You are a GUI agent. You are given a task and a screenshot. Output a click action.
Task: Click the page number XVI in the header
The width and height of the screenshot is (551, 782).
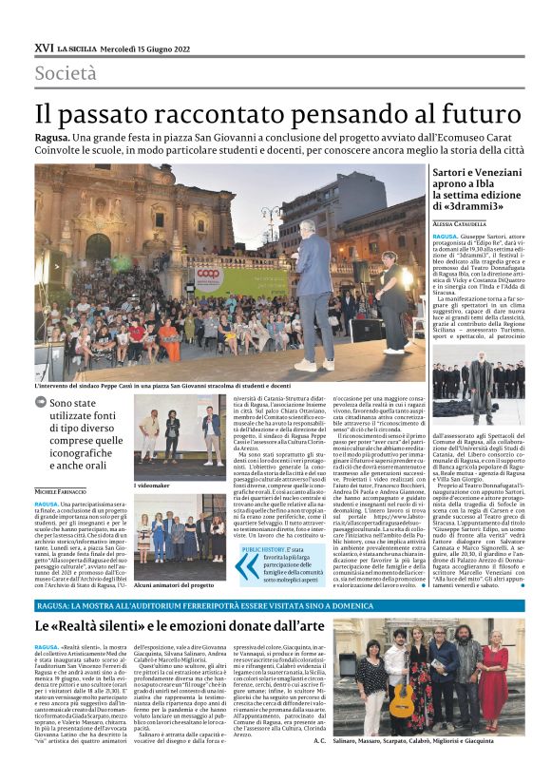[x=43, y=47]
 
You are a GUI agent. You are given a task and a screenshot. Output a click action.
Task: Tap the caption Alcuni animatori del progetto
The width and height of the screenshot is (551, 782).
[x=174, y=586]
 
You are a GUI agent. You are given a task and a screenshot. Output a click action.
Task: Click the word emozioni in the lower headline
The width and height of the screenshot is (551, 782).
[x=196, y=627]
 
